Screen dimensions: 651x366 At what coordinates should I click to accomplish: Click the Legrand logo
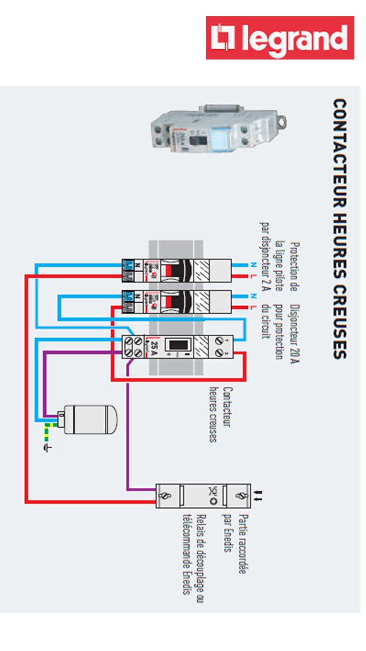[280, 38]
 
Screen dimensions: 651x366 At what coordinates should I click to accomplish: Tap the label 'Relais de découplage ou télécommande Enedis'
[194, 554]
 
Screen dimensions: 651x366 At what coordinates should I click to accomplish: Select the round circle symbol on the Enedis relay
[213, 501]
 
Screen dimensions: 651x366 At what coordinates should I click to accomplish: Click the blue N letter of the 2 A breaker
[253, 265]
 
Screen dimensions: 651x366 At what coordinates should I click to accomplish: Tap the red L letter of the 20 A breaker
[253, 308]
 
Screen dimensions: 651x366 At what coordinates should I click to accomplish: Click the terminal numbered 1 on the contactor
[220, 338]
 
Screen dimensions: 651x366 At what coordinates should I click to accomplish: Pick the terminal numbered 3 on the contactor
[220, 352]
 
